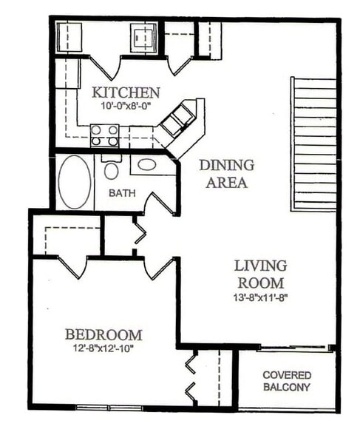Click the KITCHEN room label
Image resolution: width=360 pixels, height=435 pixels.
coord(126,93)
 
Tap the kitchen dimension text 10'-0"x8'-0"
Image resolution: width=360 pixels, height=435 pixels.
coord(126,107)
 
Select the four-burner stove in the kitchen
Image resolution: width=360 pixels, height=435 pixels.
coord(104,135)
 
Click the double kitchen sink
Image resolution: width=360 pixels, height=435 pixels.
coord(177,119)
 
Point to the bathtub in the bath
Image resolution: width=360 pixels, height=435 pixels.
coord(75,181)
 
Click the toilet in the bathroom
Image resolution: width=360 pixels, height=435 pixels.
coord(111,169)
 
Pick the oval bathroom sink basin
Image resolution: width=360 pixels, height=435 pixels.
coord(147,164)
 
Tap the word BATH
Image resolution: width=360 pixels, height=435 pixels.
coord(121,194)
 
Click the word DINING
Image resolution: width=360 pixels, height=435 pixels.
coord(226,165)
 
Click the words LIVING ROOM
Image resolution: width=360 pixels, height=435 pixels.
coord(261,274)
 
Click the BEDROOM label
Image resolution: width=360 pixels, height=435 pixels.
coord(103,334)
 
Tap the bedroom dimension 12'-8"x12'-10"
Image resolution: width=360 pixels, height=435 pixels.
coord(103,348)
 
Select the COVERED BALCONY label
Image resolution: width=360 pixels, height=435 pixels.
coord(287,381)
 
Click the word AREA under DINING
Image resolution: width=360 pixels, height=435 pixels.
coord(226,181)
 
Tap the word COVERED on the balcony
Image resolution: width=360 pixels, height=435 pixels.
coord(287,375)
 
